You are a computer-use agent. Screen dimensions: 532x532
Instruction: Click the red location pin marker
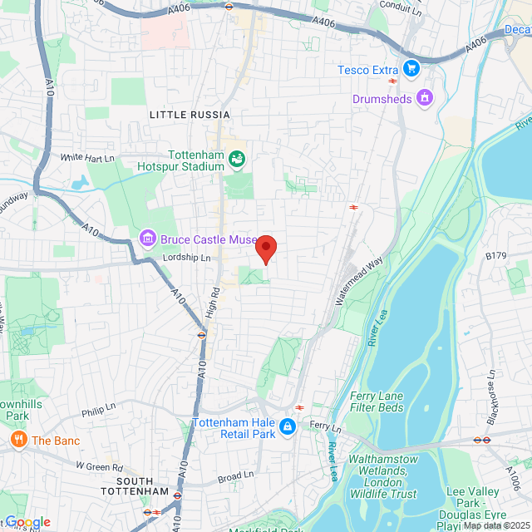point(266,249)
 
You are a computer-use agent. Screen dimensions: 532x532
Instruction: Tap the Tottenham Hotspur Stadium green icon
point(237,158)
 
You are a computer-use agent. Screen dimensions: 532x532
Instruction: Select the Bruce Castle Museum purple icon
point(148,239)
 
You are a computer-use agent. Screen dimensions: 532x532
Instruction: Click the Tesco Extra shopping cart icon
point(410,69)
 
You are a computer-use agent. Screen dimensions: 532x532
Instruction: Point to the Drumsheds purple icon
point(425,98)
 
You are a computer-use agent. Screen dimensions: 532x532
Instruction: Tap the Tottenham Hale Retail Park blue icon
point(287,427)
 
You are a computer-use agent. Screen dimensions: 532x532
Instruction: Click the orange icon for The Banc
point(17,440)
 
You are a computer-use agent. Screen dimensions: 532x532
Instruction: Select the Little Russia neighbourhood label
point(189,115)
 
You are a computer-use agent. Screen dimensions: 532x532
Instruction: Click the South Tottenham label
point(143,486)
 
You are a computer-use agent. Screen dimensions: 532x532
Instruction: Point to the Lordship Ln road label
point(187,258)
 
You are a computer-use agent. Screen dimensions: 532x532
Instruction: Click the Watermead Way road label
point(359,280)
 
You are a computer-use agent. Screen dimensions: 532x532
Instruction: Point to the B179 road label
point(496,256)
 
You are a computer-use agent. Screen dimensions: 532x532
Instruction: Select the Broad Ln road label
point(235,477)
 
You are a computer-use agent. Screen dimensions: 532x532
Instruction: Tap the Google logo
point(27,522)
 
